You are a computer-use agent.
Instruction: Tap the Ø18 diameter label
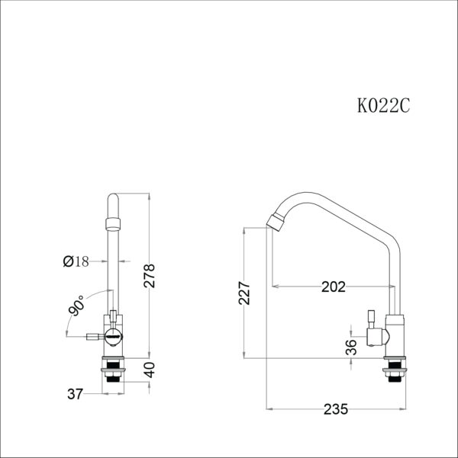click(x=76, y=261)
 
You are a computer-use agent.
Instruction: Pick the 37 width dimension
click(x=75, y=394)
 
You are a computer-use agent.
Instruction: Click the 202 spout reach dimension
click(x=333, y=287)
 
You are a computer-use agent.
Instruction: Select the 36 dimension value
click(x=350, y=347)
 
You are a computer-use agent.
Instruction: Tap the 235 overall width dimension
click(x=335, y=408)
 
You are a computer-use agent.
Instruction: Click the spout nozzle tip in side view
click(x=276, y=222)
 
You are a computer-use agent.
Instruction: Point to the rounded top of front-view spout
click(x=112, y=200)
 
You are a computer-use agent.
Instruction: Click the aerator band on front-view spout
click(x=112, y=222)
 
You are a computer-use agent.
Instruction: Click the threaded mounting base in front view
click(x=113, y=370)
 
